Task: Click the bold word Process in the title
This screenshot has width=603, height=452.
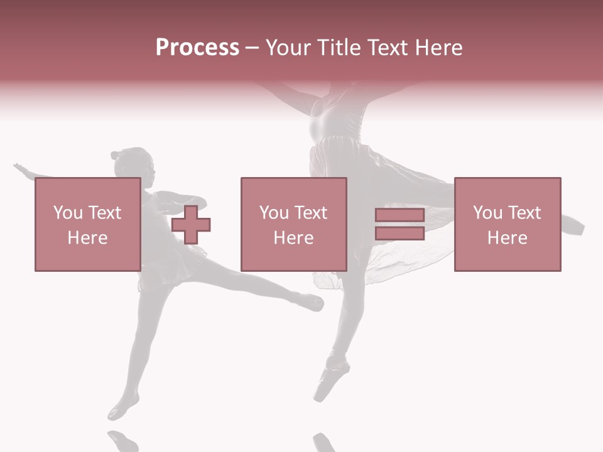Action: tap(197, 48)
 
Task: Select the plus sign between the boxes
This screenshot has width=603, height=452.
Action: tap(191, 225)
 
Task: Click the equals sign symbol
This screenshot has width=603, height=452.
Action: tap(399, 225)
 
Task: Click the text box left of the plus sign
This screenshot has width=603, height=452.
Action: tap(87, 224)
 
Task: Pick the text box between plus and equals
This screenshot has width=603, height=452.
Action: tap(293, 224)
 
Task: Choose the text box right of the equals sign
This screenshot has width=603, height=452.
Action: tap(507, 224)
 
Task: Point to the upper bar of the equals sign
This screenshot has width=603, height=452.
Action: tap(399, 216)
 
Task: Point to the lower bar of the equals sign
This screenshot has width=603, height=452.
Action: tap(399, 233)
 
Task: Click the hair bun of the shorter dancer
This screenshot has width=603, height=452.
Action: tap(116, 155)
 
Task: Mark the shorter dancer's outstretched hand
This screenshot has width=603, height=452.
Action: tap(21, 168)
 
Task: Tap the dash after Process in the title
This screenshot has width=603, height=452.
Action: tap(252, 48)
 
